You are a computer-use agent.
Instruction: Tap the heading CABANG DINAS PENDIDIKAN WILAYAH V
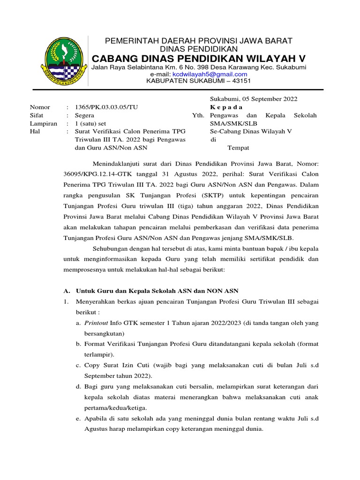(x=198, y=58)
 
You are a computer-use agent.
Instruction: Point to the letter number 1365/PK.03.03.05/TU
(x=107, y=107)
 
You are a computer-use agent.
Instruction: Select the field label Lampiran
(x=44, y=124)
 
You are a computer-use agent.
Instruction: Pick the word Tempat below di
(x=239, y=148)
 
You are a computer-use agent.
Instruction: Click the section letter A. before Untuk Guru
(x=66, y=291)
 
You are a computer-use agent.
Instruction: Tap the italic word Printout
(x=96, y=323)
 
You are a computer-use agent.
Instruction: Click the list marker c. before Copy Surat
(x=78, y=365)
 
